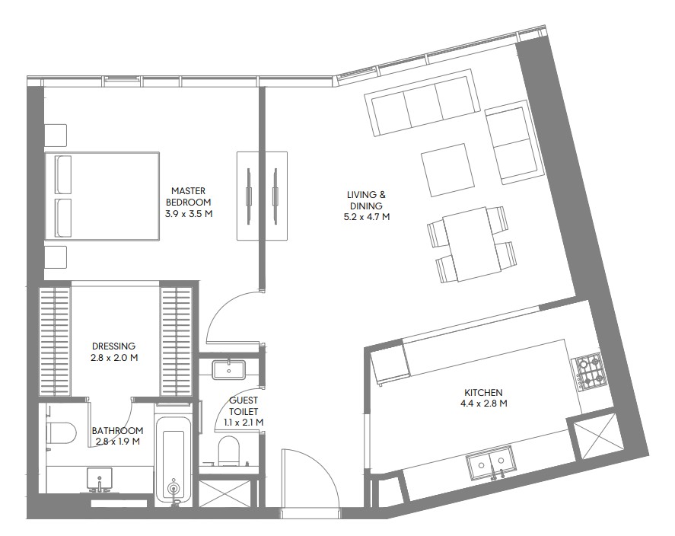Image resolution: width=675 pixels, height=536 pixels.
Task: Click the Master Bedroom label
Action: click(x=189, y=196)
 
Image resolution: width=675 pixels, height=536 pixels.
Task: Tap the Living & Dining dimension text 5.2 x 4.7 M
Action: click(x=366, y=217)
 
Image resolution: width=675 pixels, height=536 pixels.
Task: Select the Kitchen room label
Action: click(x=483, y=393)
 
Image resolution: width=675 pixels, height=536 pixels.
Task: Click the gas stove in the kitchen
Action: click(x=588, y=369)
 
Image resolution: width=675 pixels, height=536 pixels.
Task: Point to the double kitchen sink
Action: click(x=490, y=462)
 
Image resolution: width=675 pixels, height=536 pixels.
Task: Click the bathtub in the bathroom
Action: click(x=174, y=458)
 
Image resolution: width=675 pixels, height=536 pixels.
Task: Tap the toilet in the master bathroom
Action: click(x=61, y=432)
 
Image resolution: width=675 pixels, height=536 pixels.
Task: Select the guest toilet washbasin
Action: click(x=228, y=369)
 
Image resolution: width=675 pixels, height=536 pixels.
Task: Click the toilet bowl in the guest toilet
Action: click(x=228, y=451)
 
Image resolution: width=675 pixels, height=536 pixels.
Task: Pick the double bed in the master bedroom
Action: click(x=103, y=196)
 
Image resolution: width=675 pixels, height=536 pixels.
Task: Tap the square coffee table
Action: click(x=444, y=170)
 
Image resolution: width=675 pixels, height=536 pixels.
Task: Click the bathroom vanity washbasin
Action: click(x=100, y=480)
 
